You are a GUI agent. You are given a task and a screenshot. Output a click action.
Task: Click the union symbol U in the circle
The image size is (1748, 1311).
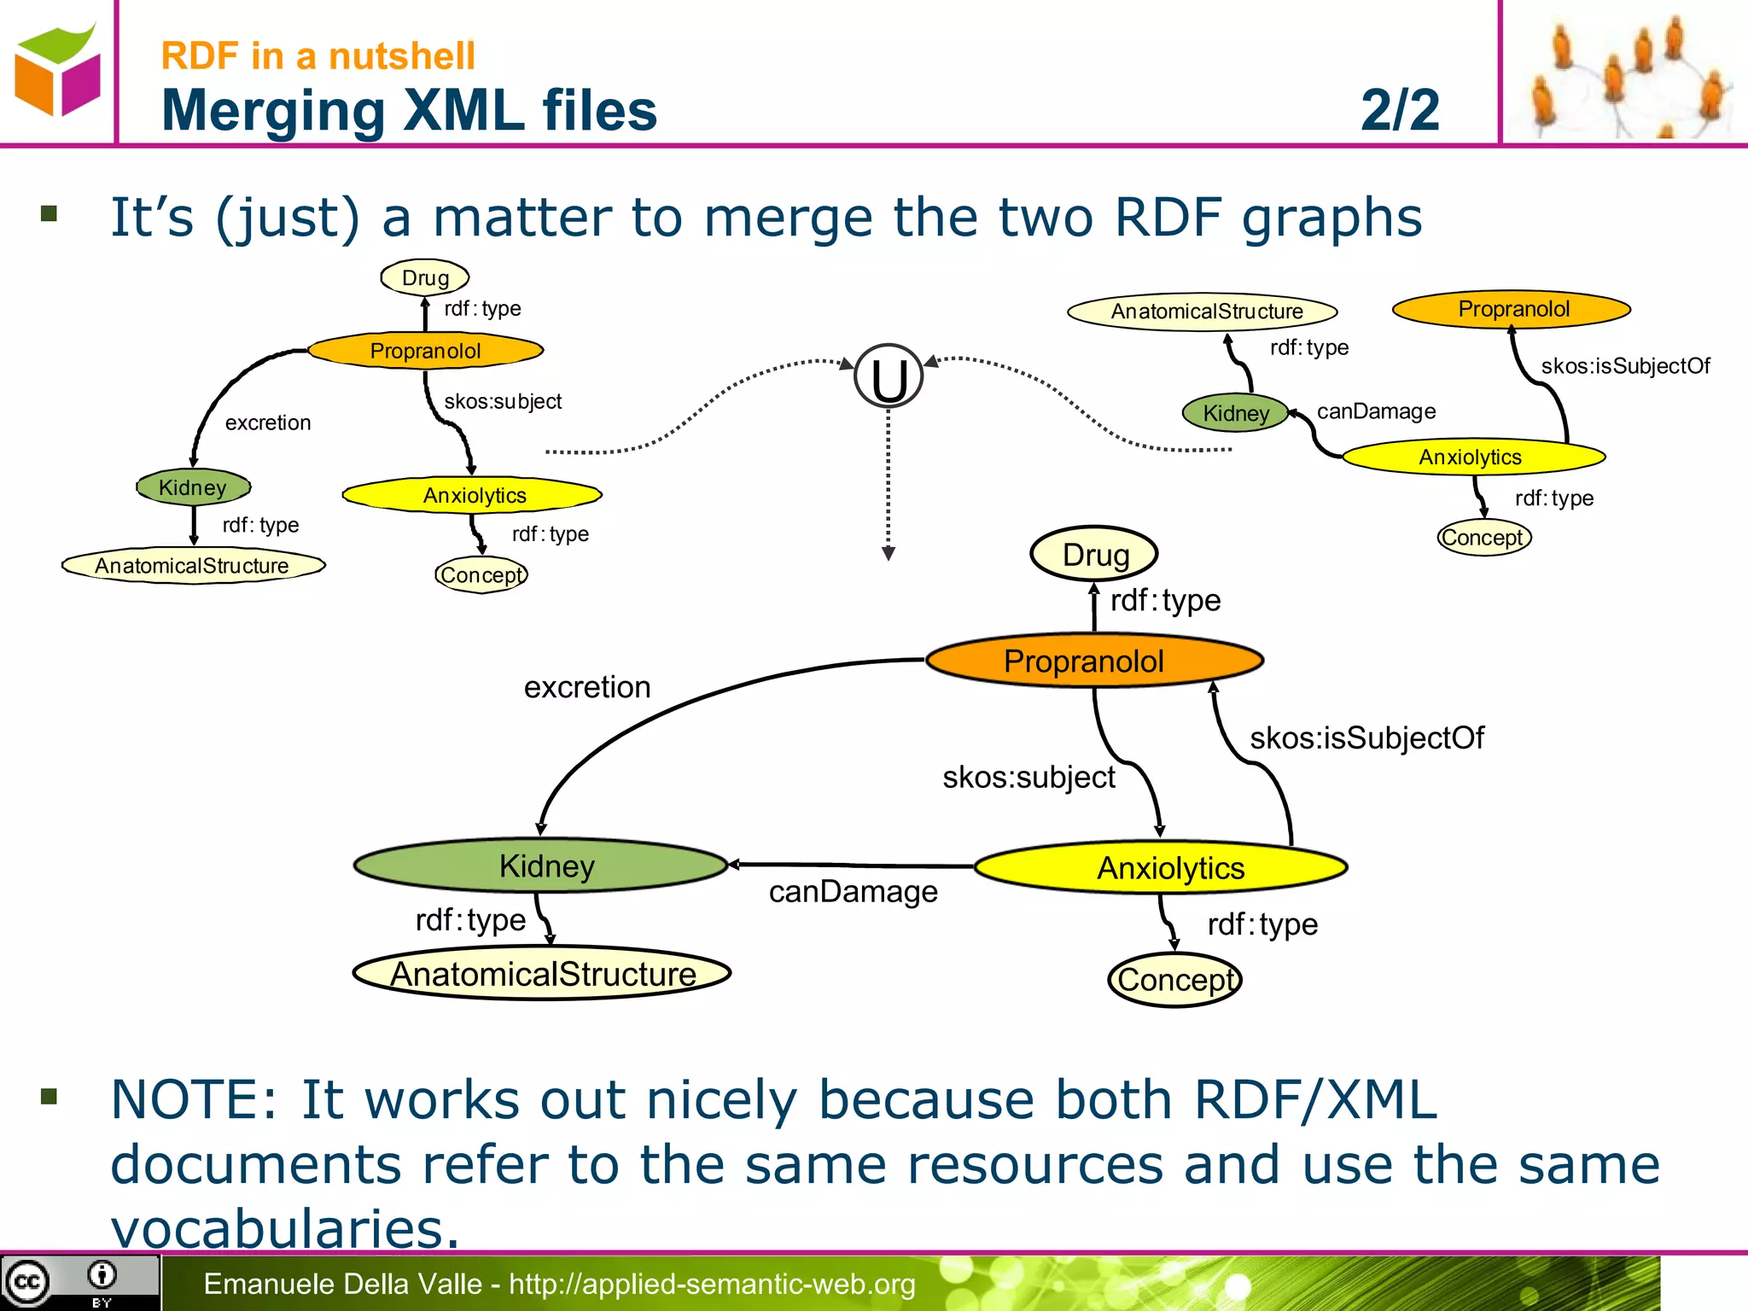tap(889, 377)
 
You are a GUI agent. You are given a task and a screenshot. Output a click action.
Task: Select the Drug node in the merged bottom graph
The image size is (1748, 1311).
tap(1094, 555)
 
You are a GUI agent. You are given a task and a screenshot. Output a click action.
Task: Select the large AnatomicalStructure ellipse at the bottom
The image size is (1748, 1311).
tap(543, 974)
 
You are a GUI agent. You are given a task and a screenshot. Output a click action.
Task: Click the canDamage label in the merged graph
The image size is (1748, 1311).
tap(853, 892)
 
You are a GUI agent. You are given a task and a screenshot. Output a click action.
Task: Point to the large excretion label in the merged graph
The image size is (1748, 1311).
tap(587, 687)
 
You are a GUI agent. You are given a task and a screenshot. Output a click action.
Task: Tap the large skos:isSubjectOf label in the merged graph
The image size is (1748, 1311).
tap(1366, 738)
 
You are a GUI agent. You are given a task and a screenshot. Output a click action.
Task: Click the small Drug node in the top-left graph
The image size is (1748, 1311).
tap(425, 277)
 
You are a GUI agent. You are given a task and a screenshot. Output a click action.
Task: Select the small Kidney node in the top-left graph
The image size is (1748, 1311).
tap(194, 487)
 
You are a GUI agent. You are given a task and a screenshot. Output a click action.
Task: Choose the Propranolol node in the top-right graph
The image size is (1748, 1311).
tap(1512, 309)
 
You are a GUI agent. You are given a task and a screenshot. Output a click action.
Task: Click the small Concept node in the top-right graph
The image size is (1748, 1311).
tap(1483, 538)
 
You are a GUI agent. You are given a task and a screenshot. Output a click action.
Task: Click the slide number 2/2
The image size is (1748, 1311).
tap(1400, 109)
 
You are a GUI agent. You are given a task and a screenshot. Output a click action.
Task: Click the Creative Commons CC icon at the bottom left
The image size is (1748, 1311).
tap(27, 1282)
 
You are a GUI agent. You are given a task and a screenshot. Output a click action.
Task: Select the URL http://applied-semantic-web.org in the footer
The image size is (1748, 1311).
tap(712, 1284)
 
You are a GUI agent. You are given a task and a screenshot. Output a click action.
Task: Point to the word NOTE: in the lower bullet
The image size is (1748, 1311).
tap(195, 1099)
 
